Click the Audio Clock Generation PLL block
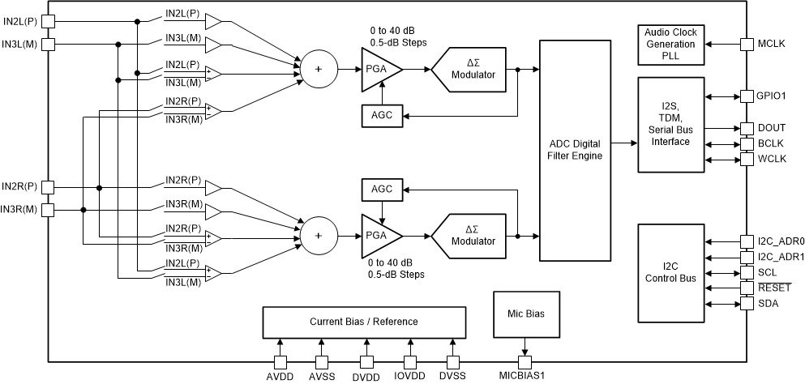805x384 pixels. (671, 45)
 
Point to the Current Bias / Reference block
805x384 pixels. (364, 322)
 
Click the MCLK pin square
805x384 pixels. (747, 43)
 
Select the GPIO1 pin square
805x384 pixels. (747, 96)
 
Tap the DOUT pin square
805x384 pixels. (747, 129)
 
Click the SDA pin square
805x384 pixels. (747, 304)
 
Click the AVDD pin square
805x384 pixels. (279, 362)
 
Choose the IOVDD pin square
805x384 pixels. (409, 362)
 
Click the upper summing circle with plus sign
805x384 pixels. (318, 70)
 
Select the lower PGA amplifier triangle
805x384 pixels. (378, 236)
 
